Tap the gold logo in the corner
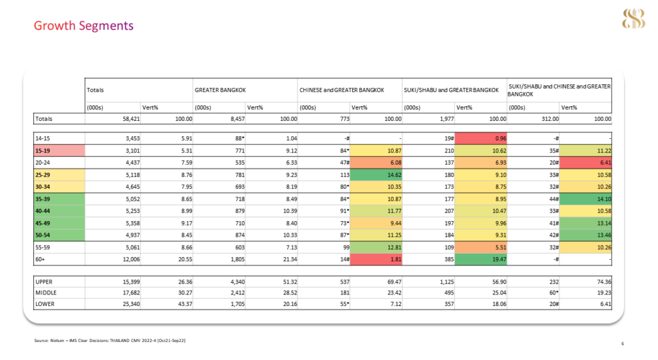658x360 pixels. [x=633, y=19]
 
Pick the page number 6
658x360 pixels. [x=623, y=344]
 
